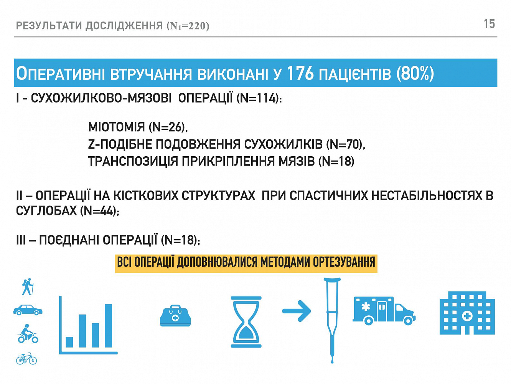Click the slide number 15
489,24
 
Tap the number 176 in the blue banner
300,73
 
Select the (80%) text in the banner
415,74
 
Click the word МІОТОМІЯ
116,127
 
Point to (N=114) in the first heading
258,98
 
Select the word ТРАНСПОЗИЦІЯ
133,161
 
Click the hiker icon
28,286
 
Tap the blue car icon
28,310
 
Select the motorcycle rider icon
28,334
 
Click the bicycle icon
26,358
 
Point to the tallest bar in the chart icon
108,326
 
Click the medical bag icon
175,316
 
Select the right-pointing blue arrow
297,311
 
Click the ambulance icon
384,310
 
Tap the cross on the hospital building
467,316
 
